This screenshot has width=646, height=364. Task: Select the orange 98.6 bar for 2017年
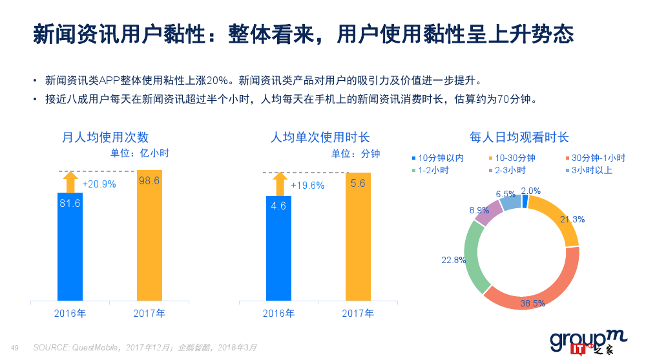(x=149, y=236)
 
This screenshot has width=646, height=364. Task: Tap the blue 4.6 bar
(x=279, y=249)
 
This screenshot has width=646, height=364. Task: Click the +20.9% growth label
(x=99, y=184)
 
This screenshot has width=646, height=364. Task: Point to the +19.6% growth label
(x=307, y=186)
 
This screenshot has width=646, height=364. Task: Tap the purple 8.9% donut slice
(x=488, y=213)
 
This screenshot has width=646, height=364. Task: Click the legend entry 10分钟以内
(x=437, y=158)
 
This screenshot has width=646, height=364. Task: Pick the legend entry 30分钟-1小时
(x=594, y=158)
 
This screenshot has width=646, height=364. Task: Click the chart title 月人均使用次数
(x=105, y=137)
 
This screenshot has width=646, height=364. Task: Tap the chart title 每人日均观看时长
(x=520, y=137)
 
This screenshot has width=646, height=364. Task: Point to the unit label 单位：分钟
(x=355, y=154)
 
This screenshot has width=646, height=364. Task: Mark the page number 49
(x=15, y=348)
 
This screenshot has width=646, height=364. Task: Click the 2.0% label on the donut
(x=530, y=191)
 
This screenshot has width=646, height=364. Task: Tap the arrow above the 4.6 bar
(x=279, y=184)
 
